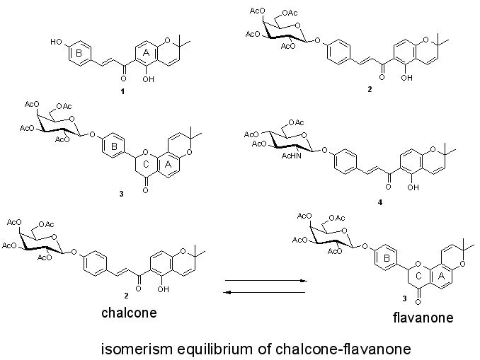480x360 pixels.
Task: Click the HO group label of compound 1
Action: pyautogui.click(x=57, y=42)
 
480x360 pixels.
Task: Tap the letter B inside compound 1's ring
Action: pyautogui.click(x=79, y=53)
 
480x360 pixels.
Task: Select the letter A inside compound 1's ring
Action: pyautogui.click(x=146, y=53)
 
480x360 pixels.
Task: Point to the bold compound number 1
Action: pyautogui.click(x=122, y=91)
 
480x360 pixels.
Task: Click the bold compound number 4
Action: pyautogui.click(x=380, y=202)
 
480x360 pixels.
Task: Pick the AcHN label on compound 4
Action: pyautogui.click(x=291, y=156)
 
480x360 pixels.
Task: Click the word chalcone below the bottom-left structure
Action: pyautogui.click(x=129, y=313)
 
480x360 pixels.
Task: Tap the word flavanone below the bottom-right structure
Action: pyautogui.click(x=423, y=318)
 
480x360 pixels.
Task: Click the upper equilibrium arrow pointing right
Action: pyautogui.click(x=266, y=281)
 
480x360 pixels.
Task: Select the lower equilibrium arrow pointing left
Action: pyautogui.click(x=265, y=293)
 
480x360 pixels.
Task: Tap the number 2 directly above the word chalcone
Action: pyautogui.click(x=126, y=296)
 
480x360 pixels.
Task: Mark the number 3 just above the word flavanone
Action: pyautogui.click(x=405, y=298)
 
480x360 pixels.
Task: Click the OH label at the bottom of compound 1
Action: pyautogui.click(x=149, y=79)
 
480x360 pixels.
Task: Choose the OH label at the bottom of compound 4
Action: pyautogui.click(x=413, y=187)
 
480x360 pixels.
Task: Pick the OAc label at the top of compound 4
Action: pyautogui.click(x=296, y=122)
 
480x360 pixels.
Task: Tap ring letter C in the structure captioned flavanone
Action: pyautogui.click(x=418, y=276)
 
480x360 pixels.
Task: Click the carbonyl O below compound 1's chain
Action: pyautogui.click(x=123, y=79)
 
